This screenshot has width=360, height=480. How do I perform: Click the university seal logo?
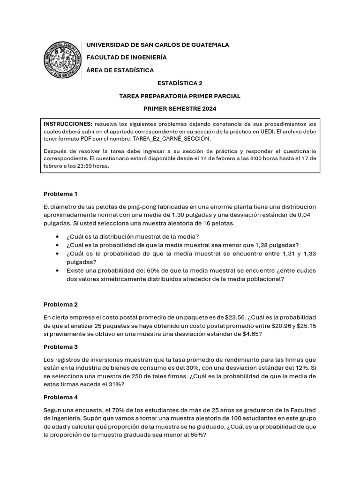tap(62, 60)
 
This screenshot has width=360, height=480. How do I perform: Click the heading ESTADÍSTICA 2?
tap(180, 83)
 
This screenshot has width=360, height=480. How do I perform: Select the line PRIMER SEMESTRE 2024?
tap(180, 109)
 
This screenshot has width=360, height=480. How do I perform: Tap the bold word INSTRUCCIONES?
tap(68, 124)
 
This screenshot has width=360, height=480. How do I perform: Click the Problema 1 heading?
tap(60, 194)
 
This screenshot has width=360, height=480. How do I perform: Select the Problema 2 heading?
tap(60, 304)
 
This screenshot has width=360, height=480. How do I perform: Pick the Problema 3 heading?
tap(60, 347)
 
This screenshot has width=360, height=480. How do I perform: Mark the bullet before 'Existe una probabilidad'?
tap(57, 270)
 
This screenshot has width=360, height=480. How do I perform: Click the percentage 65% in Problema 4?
tap(196, 435)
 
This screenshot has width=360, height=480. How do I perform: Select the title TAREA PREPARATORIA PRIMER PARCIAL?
tap(180, 96)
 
